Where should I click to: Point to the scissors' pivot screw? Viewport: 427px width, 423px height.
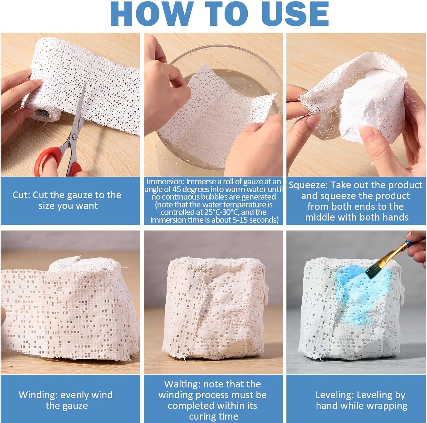(x=75, y=137)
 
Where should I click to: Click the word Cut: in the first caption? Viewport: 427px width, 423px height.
(x=22, y=195)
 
